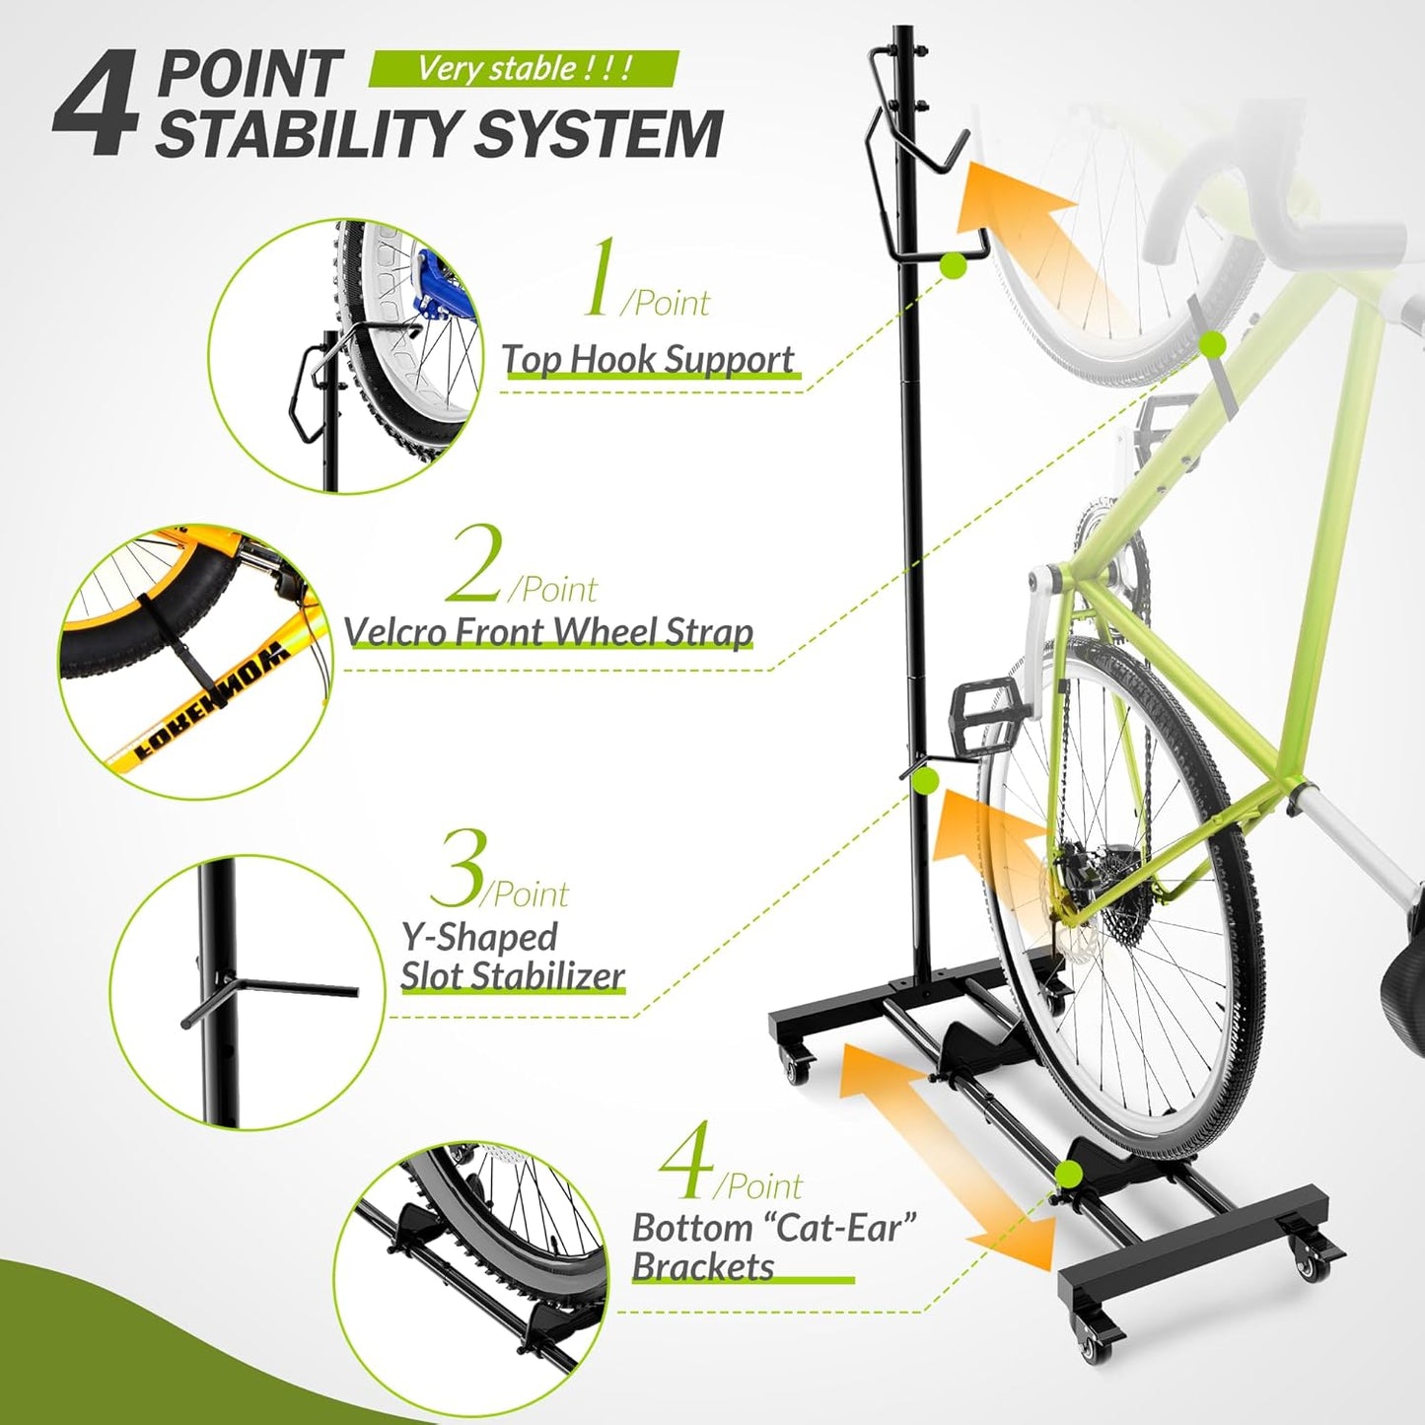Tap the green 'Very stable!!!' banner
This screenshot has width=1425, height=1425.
(x=524, y=68)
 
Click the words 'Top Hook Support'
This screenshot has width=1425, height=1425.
(x=648, y=359)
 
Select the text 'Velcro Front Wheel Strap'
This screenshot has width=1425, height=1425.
(x=548, y=631)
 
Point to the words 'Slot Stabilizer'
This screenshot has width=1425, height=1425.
(x=512, y=975)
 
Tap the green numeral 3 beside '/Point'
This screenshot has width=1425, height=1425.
(x=457, y=869)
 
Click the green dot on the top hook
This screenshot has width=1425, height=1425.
(x=953, y=264)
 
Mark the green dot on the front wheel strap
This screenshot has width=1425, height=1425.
(x=1213, y=343)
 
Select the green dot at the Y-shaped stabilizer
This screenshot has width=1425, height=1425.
(x=925, y=782)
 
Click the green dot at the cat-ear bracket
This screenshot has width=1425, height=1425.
(x=1067, y=1174)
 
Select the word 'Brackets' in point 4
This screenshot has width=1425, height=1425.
(x=702, y=1266)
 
